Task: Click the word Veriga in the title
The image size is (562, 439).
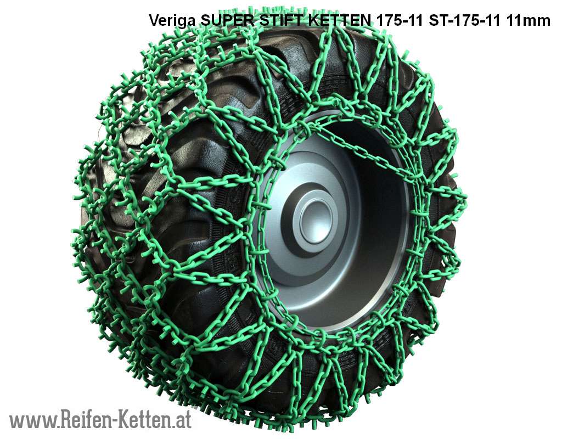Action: [172, 21]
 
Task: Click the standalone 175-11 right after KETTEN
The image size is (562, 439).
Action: [400, 20]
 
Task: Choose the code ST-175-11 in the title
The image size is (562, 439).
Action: [464, 20]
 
